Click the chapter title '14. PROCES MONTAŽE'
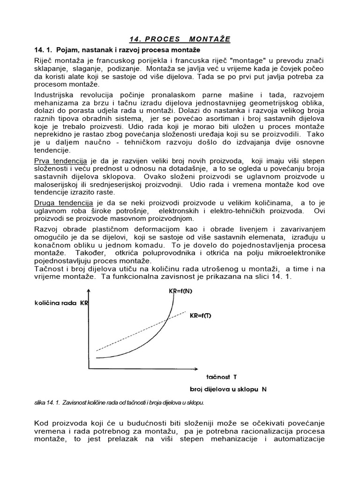tap(180, 39)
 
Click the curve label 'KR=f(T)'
tap(201, 315)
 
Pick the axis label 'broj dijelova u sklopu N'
tap(228, 389)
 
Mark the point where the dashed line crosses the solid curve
tap(168, 320)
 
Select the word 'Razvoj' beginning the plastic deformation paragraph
tap(46, 229)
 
